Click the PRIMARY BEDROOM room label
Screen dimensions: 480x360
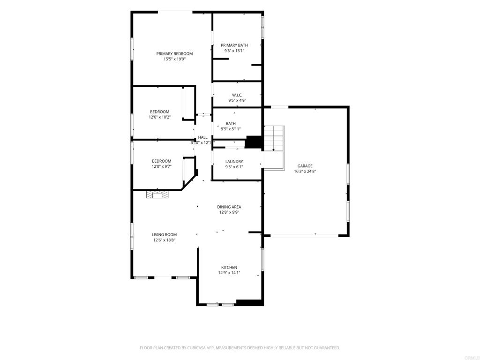pos(174,54)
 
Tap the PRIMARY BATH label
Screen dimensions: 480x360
pos(234,45)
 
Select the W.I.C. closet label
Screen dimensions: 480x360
pos(237,95)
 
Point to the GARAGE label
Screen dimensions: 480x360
pos(305,166)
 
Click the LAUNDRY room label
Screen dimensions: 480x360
pos(234,162)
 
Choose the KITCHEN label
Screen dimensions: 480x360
pos(229,268)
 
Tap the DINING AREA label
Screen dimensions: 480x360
pos(229,207)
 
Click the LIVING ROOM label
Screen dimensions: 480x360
pos(165,235)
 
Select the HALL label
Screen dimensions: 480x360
pos(202,137)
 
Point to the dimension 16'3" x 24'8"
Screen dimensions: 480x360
pos(305,172)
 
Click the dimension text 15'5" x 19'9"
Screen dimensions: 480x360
pos(174,59)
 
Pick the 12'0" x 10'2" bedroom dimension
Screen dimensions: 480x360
pos(160,117)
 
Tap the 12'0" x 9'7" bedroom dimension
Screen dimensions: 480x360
pos(162,166)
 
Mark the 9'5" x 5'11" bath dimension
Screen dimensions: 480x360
pos(231,129)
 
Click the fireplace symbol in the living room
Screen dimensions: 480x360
pos(157,195)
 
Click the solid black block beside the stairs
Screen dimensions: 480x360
pos(254,142)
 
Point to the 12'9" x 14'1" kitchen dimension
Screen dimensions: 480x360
pos(229,273)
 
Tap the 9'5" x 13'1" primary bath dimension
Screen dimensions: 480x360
pos(234,51)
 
